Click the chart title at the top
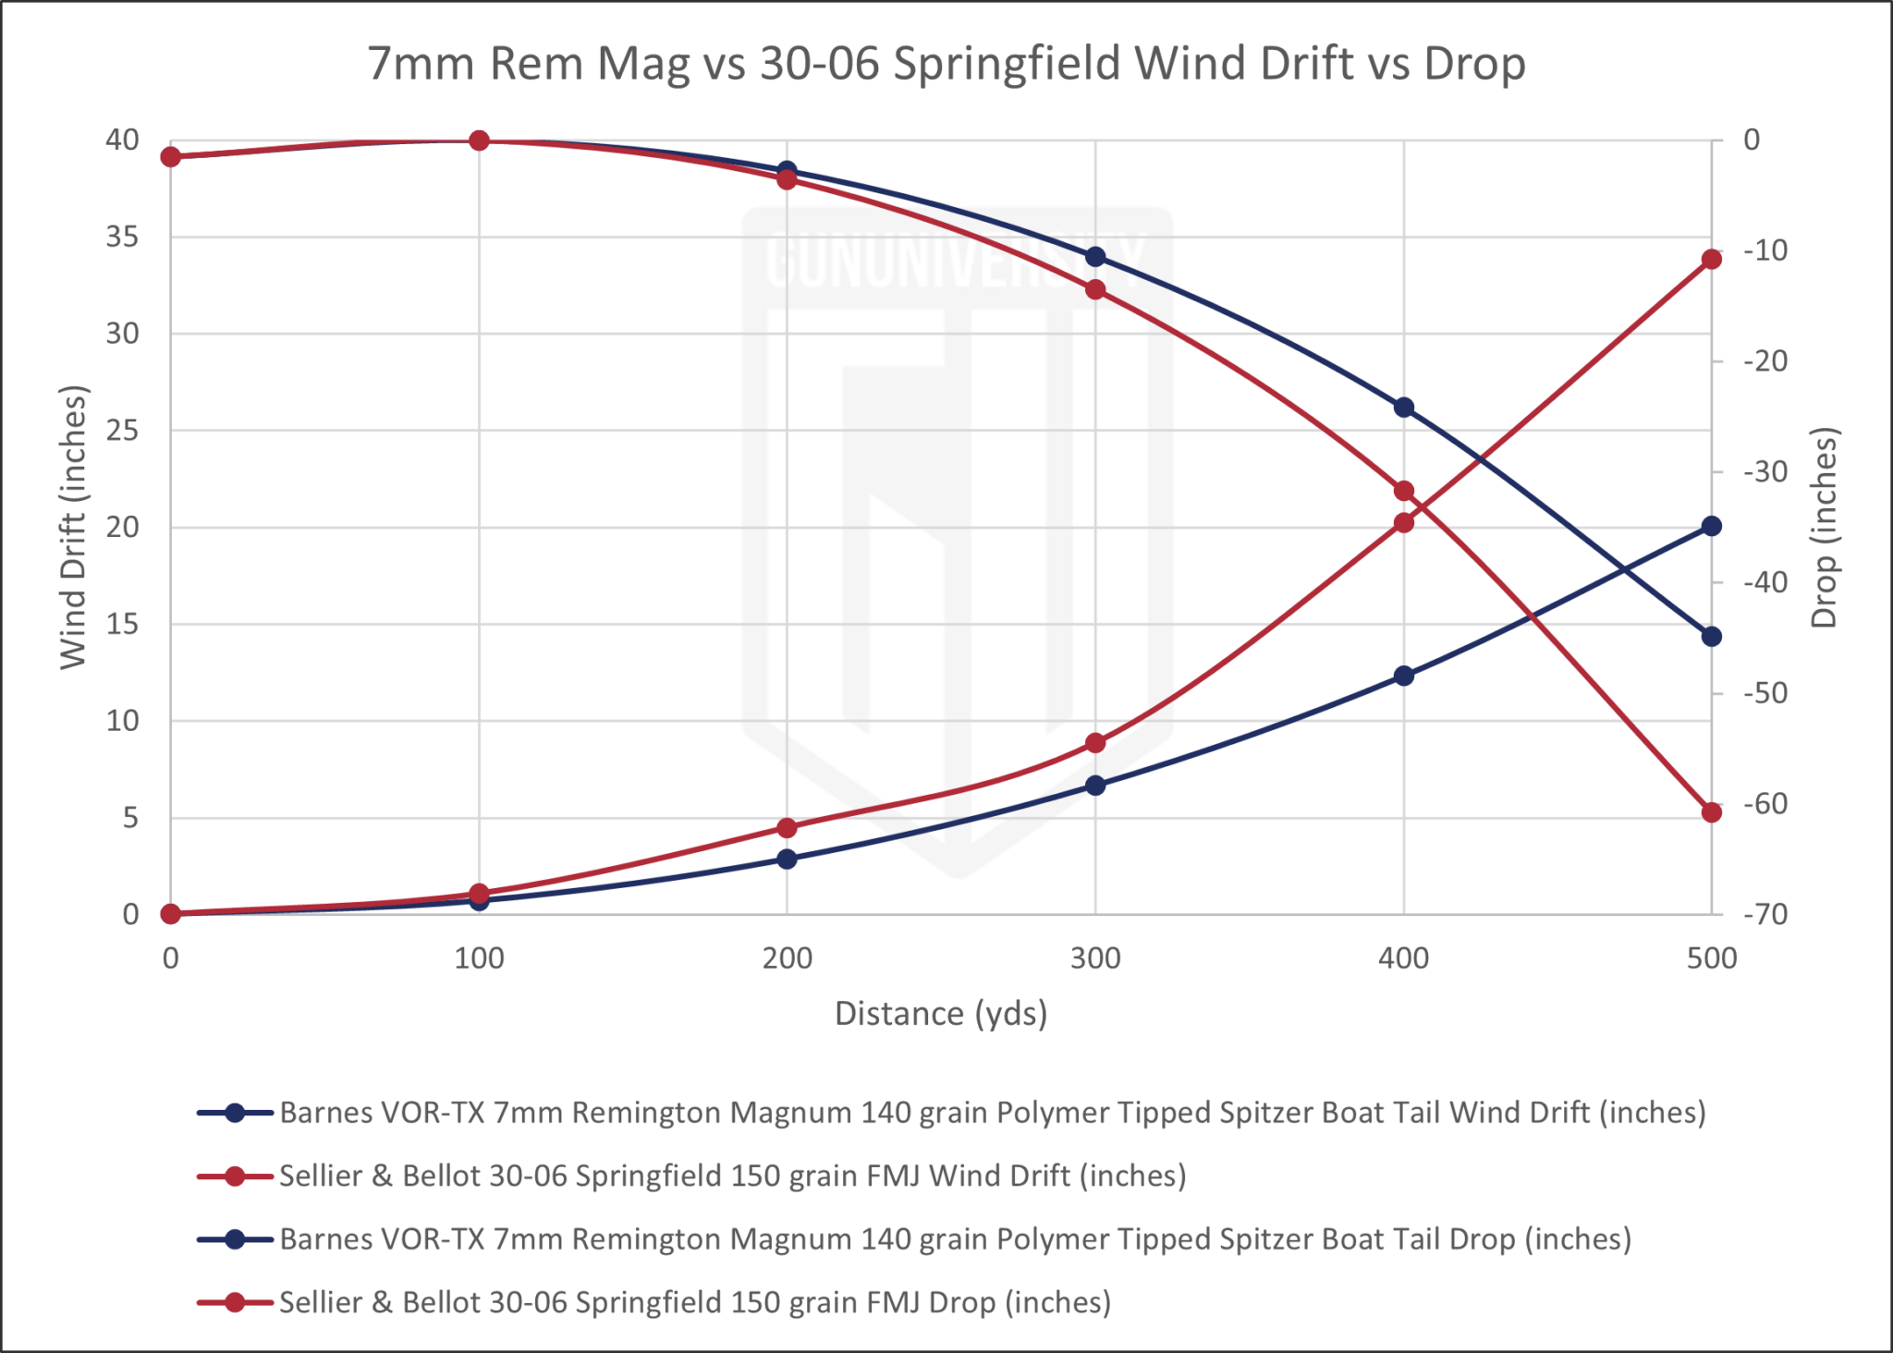pyautogui.click(x=946, y=63)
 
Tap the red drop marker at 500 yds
pyautogui.click(x=1711, y=812)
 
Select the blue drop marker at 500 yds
pyautogui.click(x=1711, y=636)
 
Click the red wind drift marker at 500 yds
pyautogui.click(x=1711, y=260)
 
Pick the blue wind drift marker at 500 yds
pyautogui.click(x=1711, y=526)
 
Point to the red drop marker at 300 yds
pyautogui.click(x=1095, y=289)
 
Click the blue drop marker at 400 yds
pyautogui.click(x=1403, y=408)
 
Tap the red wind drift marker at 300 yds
pyautogui.click(x=1095, y=743)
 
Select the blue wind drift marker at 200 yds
pyautogui.click(x=787, y=859)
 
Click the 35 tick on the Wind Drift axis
pyautogui.click(x=122, y=238)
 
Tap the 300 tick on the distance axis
pyautogui.click(x=1095, y=958)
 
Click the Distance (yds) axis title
pyautogui.click(x=941, y=1014)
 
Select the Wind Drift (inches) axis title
pyautogui.click(x=74, y=527)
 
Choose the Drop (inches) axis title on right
pyautogui.click(x=1825, y=527)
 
